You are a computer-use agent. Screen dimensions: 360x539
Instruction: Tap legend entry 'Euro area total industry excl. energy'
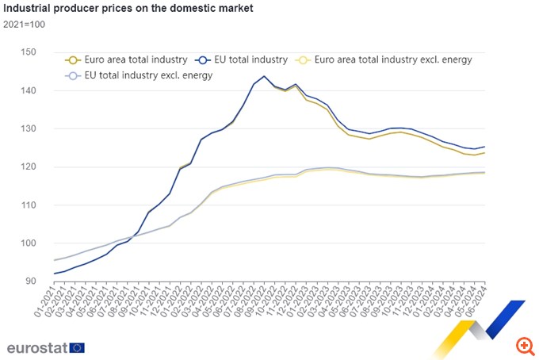(389, 59)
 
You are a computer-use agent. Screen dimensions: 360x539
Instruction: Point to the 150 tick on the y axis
(29, 52)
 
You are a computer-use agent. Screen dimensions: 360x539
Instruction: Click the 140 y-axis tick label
(29, 90)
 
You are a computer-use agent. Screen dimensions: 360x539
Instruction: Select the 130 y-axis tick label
(29, 128)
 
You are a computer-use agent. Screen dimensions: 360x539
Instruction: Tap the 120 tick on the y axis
(29, 167)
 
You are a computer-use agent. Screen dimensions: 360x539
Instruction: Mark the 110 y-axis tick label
(29, 205)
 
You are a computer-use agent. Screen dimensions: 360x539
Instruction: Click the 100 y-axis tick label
(29, 243)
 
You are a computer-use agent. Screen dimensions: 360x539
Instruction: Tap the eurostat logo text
(36, 347)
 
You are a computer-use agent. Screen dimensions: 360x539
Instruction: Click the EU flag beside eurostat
(77, 347)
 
